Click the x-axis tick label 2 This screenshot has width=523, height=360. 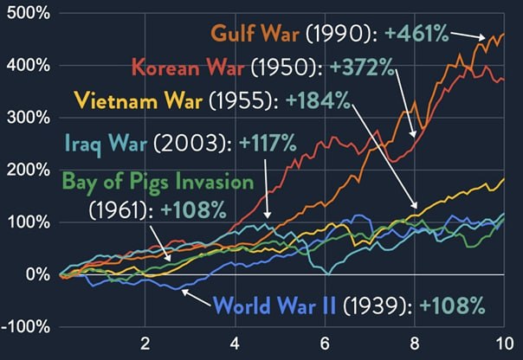click(145, 341)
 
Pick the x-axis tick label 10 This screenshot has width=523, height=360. click(503, 341)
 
